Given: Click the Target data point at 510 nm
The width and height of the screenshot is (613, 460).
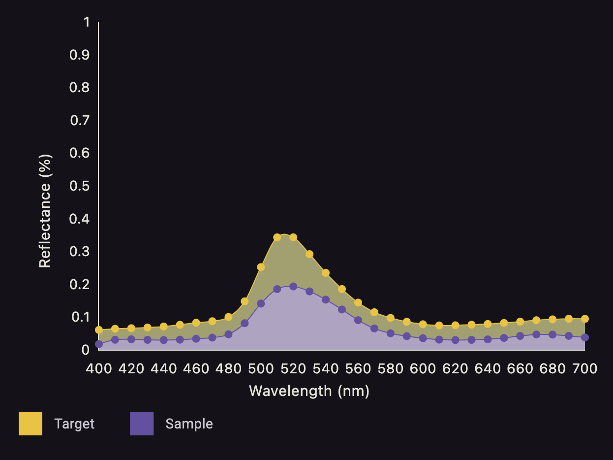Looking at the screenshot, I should pos(277,237).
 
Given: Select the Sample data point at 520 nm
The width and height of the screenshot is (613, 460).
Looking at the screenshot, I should pos(293,287).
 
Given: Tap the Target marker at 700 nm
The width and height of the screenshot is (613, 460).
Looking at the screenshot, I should pos(584,319).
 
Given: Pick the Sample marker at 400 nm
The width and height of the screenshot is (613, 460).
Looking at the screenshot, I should pos(99,344).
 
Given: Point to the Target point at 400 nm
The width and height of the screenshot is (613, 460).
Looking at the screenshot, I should pos(99,330).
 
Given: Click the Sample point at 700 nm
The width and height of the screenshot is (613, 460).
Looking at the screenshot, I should pos(584,337).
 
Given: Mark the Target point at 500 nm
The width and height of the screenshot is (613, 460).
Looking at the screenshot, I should pos(261,267).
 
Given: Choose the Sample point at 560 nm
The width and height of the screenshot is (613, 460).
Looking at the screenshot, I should pos(358,320).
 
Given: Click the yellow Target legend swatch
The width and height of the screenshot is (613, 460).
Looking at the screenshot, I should pos(31,424).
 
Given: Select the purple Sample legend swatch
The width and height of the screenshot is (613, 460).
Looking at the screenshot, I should pos(142,424).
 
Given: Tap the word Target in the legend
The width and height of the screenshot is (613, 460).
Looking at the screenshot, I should pos(74,424).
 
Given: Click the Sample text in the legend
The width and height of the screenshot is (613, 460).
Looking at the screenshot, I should pos(189,424).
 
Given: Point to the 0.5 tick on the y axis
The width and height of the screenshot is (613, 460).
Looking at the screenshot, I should pos(80,186).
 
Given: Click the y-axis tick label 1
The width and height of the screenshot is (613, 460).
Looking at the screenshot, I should pos(87,22).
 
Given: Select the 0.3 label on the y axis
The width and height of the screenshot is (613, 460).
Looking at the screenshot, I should pos(80,252).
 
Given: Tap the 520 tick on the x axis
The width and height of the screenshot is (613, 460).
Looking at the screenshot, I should pos(293,368).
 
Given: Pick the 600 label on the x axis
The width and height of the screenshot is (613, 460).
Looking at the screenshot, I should pos(423,368).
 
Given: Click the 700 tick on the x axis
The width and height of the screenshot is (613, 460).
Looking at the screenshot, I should pos(584,368).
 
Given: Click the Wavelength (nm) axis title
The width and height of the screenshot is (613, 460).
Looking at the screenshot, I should pos(309,391).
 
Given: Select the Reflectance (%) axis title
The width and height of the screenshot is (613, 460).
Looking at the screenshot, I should pos(45,211).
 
